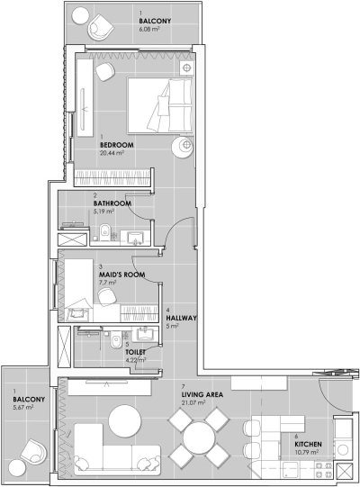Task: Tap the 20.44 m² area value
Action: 112,153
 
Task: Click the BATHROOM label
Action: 112,203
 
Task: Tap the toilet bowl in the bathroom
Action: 105,232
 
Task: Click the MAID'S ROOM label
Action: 119,274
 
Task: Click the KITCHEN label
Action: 309,442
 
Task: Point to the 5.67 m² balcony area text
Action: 22,407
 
